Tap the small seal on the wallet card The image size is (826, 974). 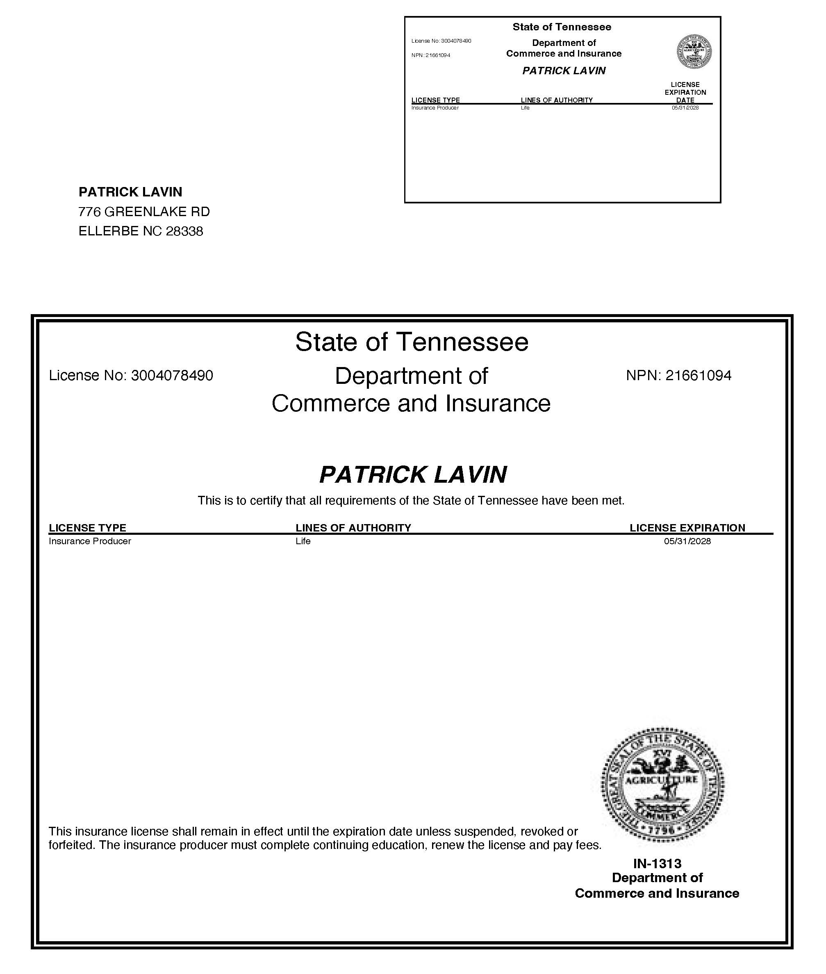pos(694,52)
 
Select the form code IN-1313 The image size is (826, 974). pos(657,863)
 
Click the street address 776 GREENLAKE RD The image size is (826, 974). pos(144,212)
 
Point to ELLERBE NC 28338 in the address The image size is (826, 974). pos(141,231)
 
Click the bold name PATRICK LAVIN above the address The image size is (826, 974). pos(130,192)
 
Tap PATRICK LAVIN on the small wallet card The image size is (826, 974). pos(564,71)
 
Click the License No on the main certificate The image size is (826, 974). pos(131,376)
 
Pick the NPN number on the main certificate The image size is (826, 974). pos(678,376)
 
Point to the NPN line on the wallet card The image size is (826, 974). pos(431,55)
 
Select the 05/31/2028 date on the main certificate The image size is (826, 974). pos(687,542)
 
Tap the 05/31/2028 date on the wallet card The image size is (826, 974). pos(685,108)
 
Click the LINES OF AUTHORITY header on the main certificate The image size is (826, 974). pos(353,528)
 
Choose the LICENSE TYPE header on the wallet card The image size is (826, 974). pos(435,100)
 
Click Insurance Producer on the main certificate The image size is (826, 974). pos(90,542)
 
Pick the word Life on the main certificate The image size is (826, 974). pos(303,542)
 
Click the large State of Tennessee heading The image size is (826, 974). pos(412,342)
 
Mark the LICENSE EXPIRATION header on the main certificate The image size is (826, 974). pos(687,528)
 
